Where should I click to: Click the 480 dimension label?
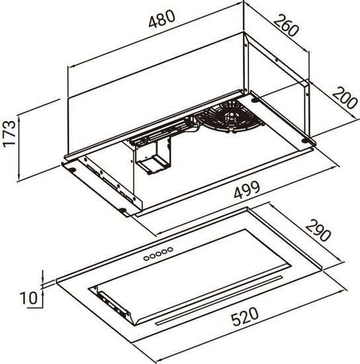(161, 19)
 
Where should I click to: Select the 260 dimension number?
(287, 25)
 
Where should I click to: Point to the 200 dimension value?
(345, 98)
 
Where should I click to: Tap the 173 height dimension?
(9, 134)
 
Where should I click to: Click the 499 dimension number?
(247, 190)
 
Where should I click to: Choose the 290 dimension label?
(318, 230)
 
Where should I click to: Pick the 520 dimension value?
(245, 316)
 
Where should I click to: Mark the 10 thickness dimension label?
(28, 298)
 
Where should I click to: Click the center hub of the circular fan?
(230, 115)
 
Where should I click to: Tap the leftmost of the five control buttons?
(146, 258)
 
